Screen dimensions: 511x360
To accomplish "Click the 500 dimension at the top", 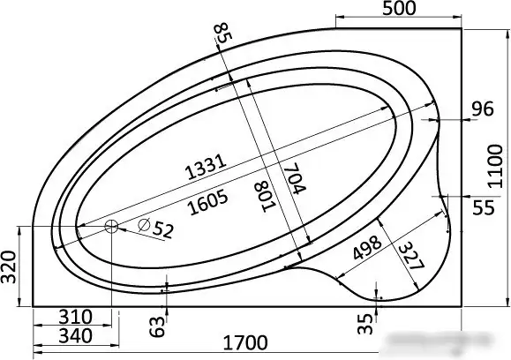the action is [x=399, y=9].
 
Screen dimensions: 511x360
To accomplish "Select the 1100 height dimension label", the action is [x=495, y=167].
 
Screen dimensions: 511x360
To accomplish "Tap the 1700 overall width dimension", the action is [x=245, y=342].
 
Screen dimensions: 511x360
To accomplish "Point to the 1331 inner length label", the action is [x=206, y=167].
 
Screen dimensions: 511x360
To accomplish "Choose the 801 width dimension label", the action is [x=265, y=197].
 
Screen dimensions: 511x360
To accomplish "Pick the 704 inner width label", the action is [x=294, y=178].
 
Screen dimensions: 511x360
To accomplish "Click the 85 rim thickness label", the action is [x=222, y=33].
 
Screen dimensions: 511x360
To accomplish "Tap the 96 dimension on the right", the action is [x=483, y=109].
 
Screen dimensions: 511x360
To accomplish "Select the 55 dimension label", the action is [x=484, y=207].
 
